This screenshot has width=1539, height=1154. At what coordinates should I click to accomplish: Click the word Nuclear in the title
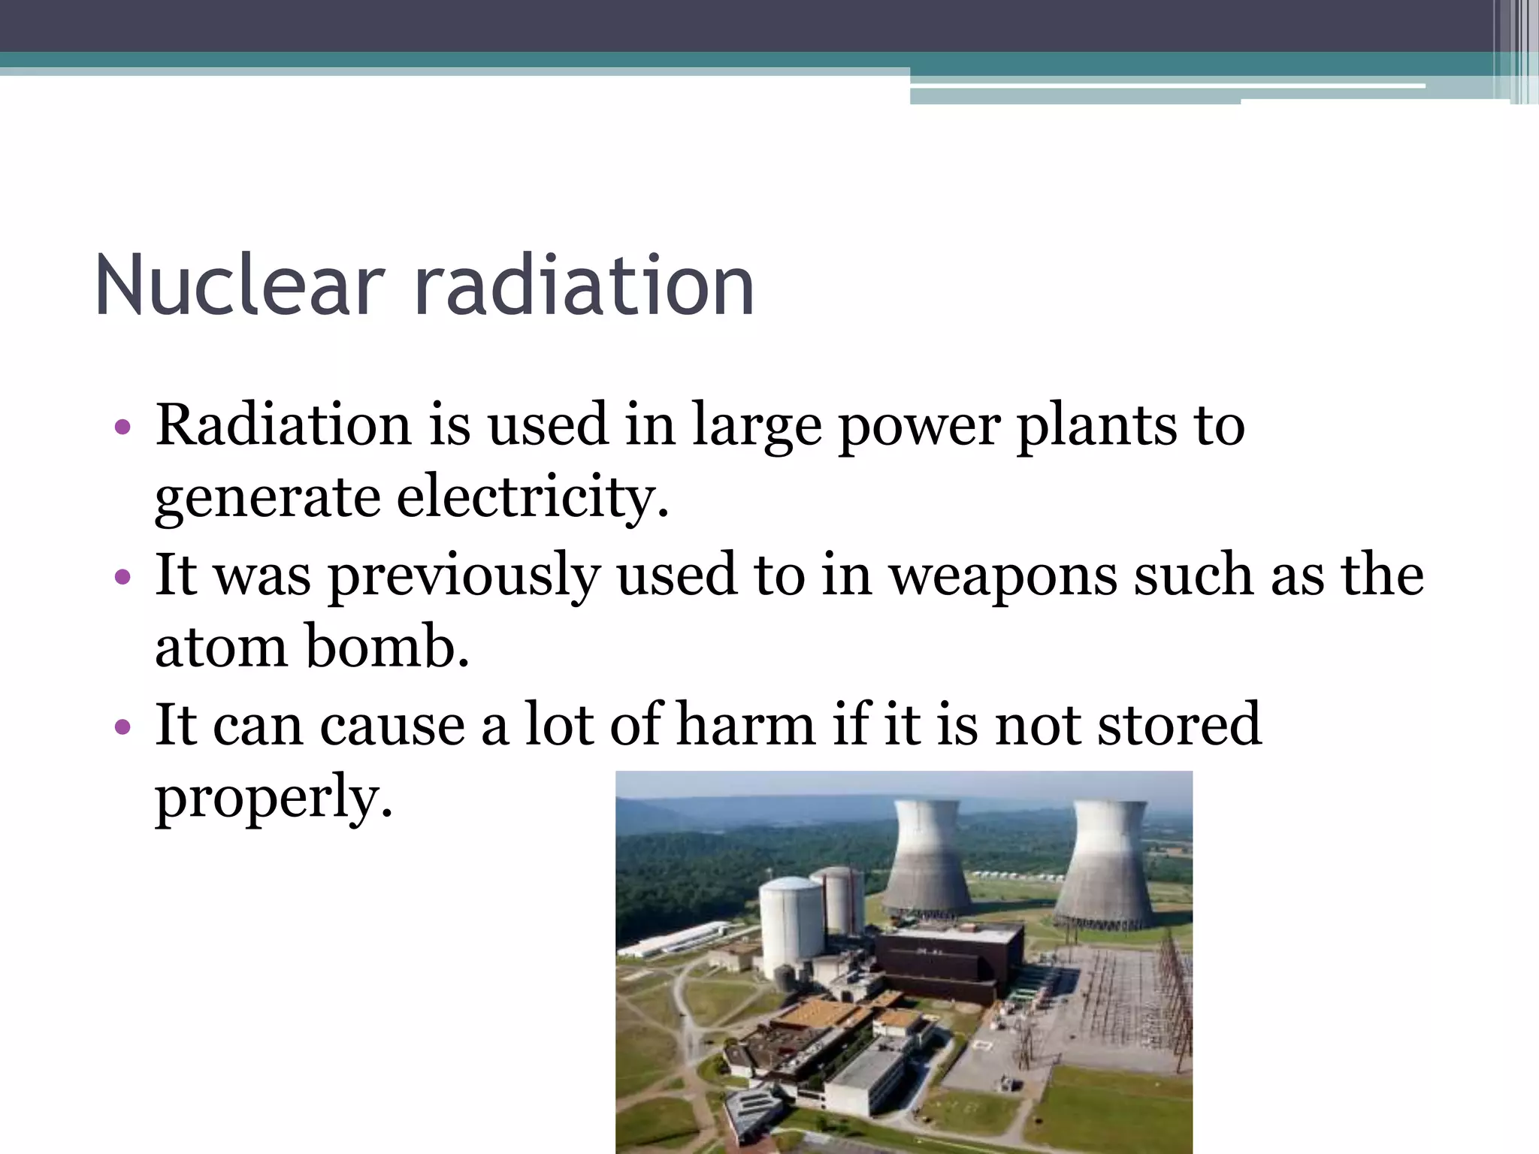click(x=240, y=285)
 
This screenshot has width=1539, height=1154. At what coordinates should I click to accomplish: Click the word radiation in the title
click(x=584, y=285)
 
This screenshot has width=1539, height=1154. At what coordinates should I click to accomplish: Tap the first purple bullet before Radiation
click(x=122, y=428)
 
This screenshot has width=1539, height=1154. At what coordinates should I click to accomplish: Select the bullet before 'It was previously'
click(x=122, y=578)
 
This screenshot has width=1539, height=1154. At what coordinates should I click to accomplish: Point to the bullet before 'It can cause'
click(x=122, y=727)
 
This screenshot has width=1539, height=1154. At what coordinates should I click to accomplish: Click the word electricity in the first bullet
click(x=531, y=497)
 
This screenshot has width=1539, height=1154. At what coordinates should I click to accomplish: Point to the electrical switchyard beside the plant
click(x=1120, y=999)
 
